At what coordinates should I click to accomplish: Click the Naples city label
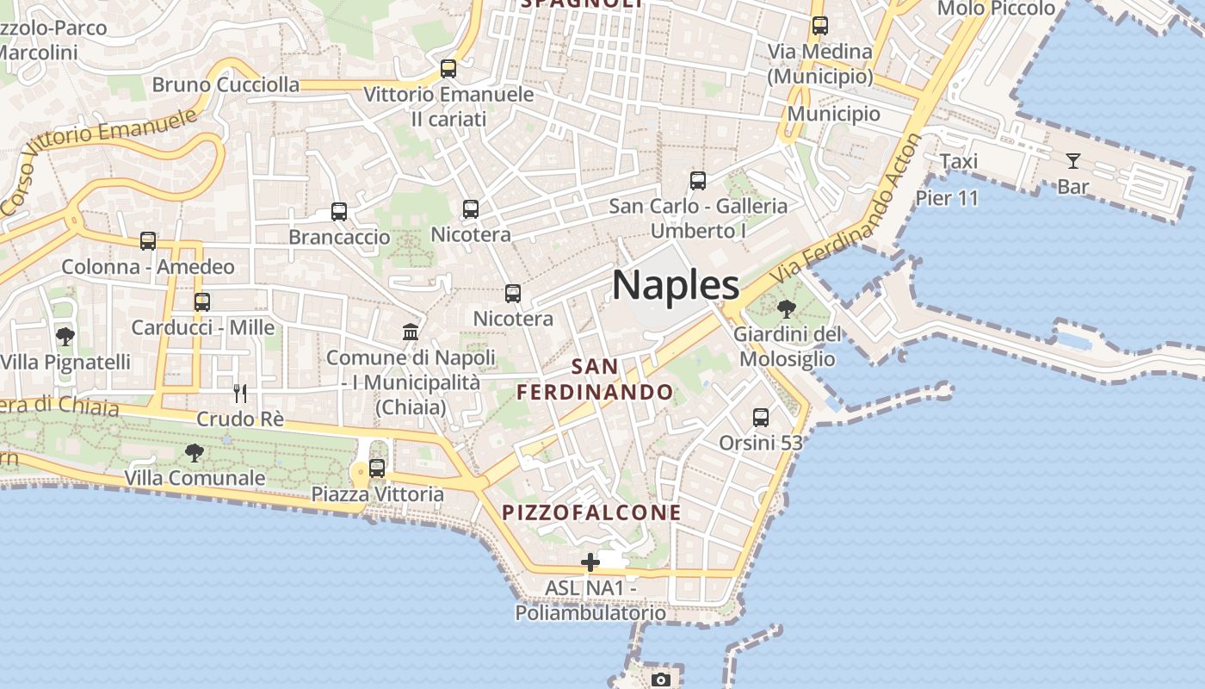pos(676,285)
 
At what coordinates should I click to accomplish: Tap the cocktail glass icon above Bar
pos(1072,160)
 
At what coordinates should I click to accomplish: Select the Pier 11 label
pos(947,198)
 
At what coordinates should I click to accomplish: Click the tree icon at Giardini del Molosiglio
pos(786,308)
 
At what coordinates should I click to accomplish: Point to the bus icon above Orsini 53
pos(761,418)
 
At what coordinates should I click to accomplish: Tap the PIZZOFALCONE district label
pos(592,512)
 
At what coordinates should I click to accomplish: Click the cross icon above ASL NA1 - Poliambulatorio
pos(590,562)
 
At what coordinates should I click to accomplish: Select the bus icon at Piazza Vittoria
pos(377,469)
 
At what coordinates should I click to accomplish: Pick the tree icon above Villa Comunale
pos(195,452)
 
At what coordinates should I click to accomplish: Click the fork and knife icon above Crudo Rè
pos(240,394)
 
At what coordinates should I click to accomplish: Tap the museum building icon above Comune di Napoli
pos(411,332)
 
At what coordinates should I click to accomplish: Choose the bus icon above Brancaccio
pos(339,212)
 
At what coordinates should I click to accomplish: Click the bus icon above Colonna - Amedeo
pos(148,241)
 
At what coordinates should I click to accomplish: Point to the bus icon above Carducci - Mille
pos(202,302)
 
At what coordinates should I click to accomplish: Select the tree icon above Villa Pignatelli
pos(65,336)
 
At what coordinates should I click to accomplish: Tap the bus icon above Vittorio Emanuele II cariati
pos(448,69)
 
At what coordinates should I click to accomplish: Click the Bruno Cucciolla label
pos(226,84)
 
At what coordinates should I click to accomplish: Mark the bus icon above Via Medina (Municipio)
pos(819,26)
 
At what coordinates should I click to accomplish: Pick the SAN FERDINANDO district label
pos(595,379)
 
